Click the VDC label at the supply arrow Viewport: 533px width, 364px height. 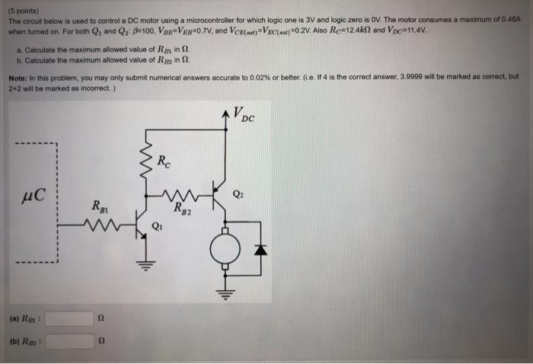pos(245,117)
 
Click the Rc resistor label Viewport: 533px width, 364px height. pos(164,161)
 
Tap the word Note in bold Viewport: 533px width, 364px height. pos(18,77)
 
